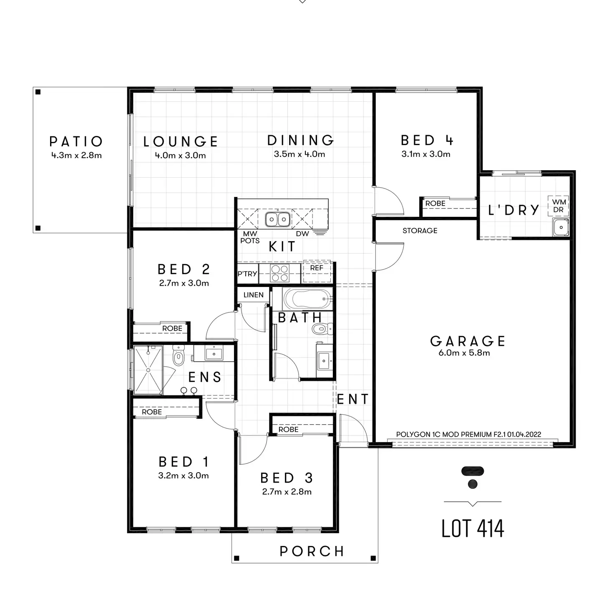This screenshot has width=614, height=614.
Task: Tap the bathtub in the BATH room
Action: point(307,299)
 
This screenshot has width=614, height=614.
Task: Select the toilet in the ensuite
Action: point(179,357)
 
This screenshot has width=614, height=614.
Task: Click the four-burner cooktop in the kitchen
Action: point(279,273)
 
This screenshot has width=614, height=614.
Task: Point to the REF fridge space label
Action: point(317,268)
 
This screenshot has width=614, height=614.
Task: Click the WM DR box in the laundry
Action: point(559,206)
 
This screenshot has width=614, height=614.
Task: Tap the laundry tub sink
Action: point(561,227)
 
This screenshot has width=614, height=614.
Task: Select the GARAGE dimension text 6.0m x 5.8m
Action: point(464,353)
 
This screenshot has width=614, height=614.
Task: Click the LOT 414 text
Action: point(473,528)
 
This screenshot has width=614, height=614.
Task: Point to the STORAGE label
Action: point(420,231)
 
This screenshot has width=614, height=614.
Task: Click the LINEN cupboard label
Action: point(253,295)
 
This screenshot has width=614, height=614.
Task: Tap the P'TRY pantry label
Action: point(247,274)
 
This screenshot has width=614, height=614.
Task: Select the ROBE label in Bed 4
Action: point(435,204)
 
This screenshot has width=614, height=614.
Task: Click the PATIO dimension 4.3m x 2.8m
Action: point(76,156)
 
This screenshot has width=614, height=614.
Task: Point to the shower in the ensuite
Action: point(148,370)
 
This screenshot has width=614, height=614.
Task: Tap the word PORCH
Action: point(312,551)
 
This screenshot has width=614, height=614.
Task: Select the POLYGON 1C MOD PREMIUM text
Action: point(468,434)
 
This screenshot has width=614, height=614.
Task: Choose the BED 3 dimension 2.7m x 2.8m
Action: point(287,492)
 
